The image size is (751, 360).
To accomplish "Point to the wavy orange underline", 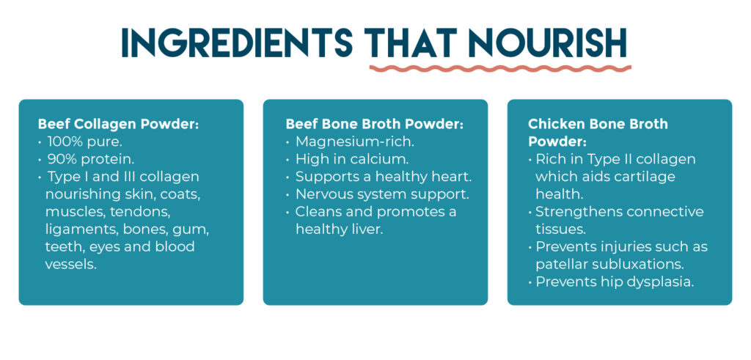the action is pyautogui.click(x=500, y=68).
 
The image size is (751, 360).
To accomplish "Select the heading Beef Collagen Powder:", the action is pyautogui.click(x=118, y=124).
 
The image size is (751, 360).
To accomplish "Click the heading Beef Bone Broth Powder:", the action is pyautogui.click(x=375, y=124).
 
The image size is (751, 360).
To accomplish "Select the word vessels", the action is pyautogui.click(x=70, y=264).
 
